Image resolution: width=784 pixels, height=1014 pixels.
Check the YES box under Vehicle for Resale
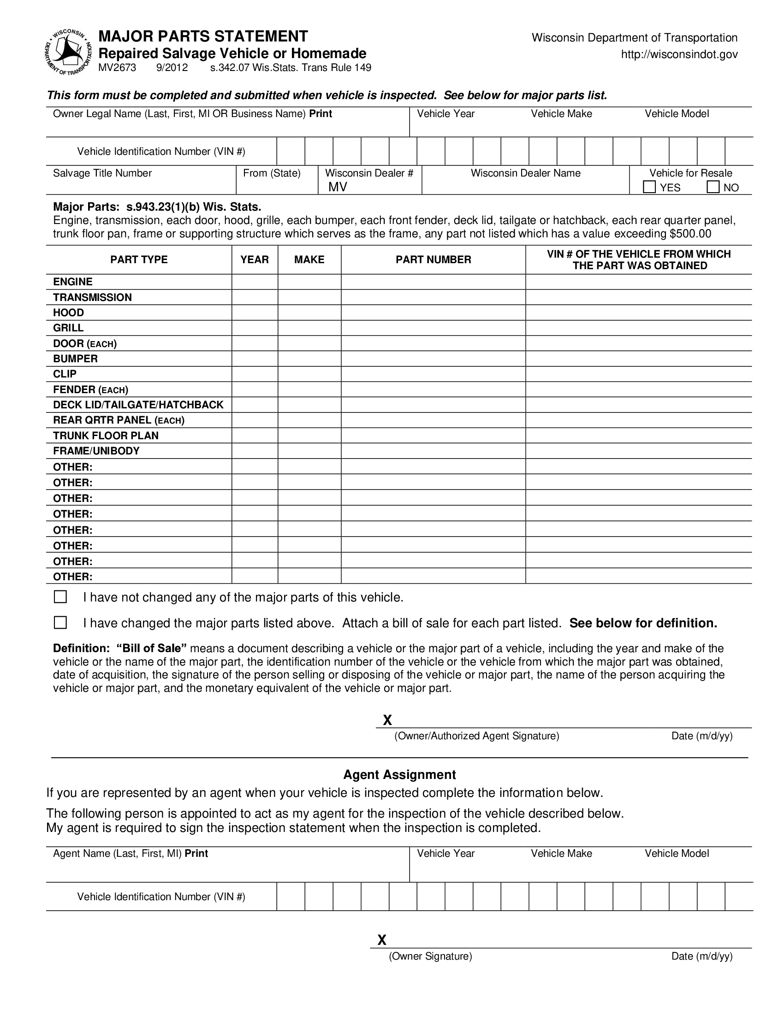click(x=649, y=187)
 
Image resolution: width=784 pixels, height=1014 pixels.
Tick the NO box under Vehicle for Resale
click(x=713, y=187)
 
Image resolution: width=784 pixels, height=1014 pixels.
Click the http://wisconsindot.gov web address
click(x=679, y=55)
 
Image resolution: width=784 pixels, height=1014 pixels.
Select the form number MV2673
click(x=117, y=68)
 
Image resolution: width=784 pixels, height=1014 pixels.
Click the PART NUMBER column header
click(x=433, y=259)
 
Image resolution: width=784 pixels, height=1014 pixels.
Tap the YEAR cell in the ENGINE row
click(x=255, y=282)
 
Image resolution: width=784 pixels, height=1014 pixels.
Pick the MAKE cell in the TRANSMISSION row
click(x=309, y=297)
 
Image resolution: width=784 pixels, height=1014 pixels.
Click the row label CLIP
click(x=65, y=374)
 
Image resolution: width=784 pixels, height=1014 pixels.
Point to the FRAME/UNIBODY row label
click(x=96, y=451)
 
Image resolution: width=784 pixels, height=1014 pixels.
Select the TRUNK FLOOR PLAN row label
click(x=106, y=436)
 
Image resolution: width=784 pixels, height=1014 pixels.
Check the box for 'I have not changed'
click(x=60, y=596)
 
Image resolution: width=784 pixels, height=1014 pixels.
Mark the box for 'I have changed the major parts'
click(x=60, y=623)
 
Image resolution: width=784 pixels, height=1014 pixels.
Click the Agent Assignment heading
click(x=399, y=775)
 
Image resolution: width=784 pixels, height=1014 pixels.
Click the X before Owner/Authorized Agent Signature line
click(x=387, y=720)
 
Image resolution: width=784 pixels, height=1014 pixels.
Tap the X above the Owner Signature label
click(x=382, y=940)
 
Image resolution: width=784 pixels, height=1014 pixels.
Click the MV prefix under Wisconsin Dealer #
click(x=338, y=187)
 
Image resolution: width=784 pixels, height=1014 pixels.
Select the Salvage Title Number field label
click(x=102, y=173)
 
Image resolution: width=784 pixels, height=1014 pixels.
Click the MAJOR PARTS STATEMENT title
click(x=203, y=36)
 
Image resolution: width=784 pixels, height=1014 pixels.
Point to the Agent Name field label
click(x=130, y=853)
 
